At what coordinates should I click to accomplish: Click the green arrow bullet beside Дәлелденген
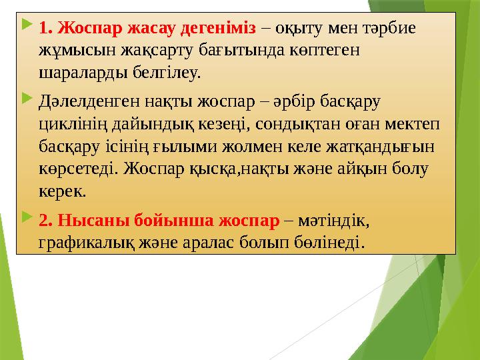point(25,101)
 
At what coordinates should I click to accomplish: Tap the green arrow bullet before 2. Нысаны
point(25,218)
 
